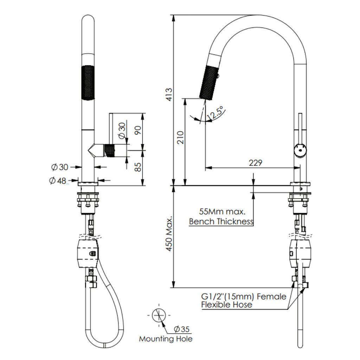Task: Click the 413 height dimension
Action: (x=169, y=95)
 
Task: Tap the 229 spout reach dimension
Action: (x=255, y=163)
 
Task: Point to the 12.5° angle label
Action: (x=214, y=113)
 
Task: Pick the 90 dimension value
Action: (x=138, y=130)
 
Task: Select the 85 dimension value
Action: (x=138, y=166)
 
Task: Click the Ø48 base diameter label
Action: (x=58, y=181)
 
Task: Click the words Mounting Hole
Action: (x=166, y=339)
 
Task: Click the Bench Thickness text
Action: (x=221, y=221)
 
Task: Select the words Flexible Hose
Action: (x=226, y=304)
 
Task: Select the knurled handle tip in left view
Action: (x=110, y=150)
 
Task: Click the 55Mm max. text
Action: (x=221, y=212)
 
